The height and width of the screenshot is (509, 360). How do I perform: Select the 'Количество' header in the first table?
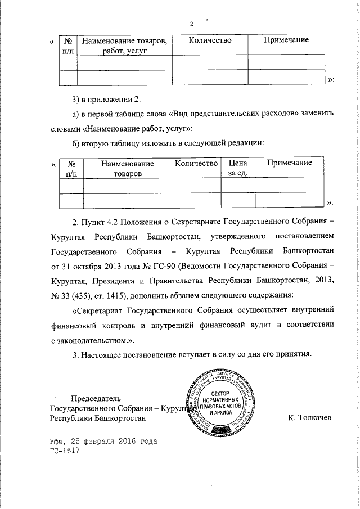[210, 40]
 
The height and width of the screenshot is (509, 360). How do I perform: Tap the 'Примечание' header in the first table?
[286, 40]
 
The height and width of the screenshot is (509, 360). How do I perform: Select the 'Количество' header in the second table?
[196, 163]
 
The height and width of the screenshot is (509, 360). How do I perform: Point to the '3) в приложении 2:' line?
[106, 100]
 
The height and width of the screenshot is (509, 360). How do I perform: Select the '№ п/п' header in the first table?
[68, 46]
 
